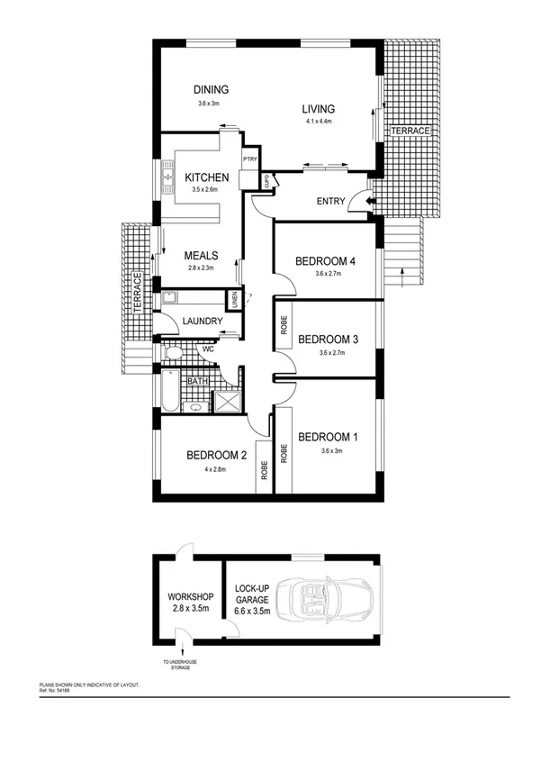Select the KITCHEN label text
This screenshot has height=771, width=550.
207,177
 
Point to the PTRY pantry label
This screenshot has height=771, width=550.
250,160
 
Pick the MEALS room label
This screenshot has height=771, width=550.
203,255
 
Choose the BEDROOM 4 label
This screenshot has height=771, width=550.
326,261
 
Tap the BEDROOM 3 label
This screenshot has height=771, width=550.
329,339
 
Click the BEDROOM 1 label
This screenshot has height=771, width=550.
329,438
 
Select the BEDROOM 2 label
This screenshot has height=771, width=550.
217,455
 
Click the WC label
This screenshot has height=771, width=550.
207,349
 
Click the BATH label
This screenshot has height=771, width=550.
198,381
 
